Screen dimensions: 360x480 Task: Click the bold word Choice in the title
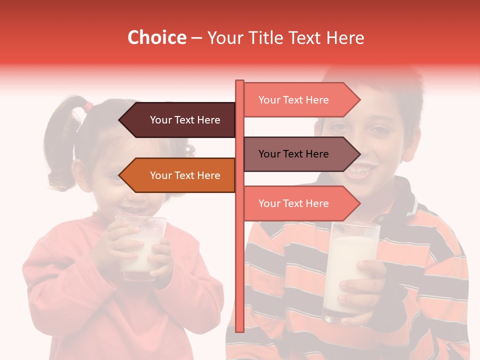pos(156,37)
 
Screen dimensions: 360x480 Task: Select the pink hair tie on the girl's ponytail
pos(88,106)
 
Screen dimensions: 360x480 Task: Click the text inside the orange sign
pos(185,175)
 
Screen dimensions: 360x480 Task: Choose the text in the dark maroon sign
pos(185,120)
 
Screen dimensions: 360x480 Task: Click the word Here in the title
pos(345,37)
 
